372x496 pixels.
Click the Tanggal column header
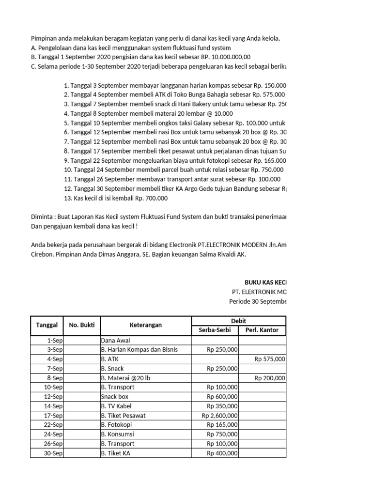(47, 325)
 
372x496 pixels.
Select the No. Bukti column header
(82, 325)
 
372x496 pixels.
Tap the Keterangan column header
(146, 325)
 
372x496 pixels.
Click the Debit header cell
(239, 321)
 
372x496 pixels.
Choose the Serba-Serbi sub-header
(215, 331)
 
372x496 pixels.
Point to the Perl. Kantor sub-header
(262, 331)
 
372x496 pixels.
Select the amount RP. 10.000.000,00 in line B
(222, 57)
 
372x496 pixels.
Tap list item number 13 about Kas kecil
(116, 198)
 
